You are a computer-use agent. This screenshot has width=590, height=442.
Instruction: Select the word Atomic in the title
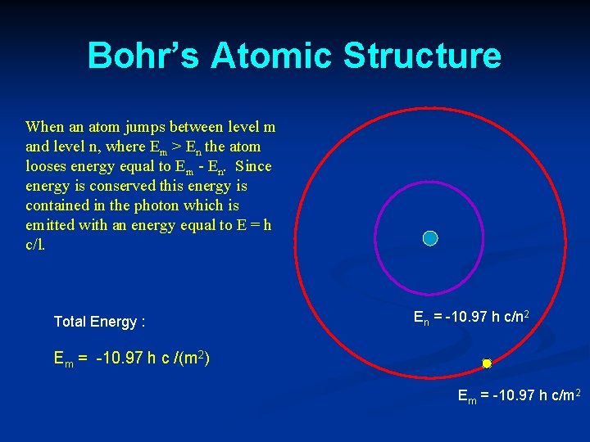271,56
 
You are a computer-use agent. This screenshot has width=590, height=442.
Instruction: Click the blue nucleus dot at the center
430,238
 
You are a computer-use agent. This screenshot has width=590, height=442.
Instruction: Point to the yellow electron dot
486,363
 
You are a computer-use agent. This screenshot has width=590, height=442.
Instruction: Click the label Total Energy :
99,322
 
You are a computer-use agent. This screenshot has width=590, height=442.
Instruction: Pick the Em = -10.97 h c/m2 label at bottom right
519,398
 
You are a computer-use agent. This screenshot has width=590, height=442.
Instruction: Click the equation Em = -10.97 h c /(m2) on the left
131,358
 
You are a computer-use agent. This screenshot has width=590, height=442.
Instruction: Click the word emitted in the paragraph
48,225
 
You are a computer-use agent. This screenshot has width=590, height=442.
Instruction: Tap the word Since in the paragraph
253,166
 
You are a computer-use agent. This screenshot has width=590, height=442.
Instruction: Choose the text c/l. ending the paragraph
36,244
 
